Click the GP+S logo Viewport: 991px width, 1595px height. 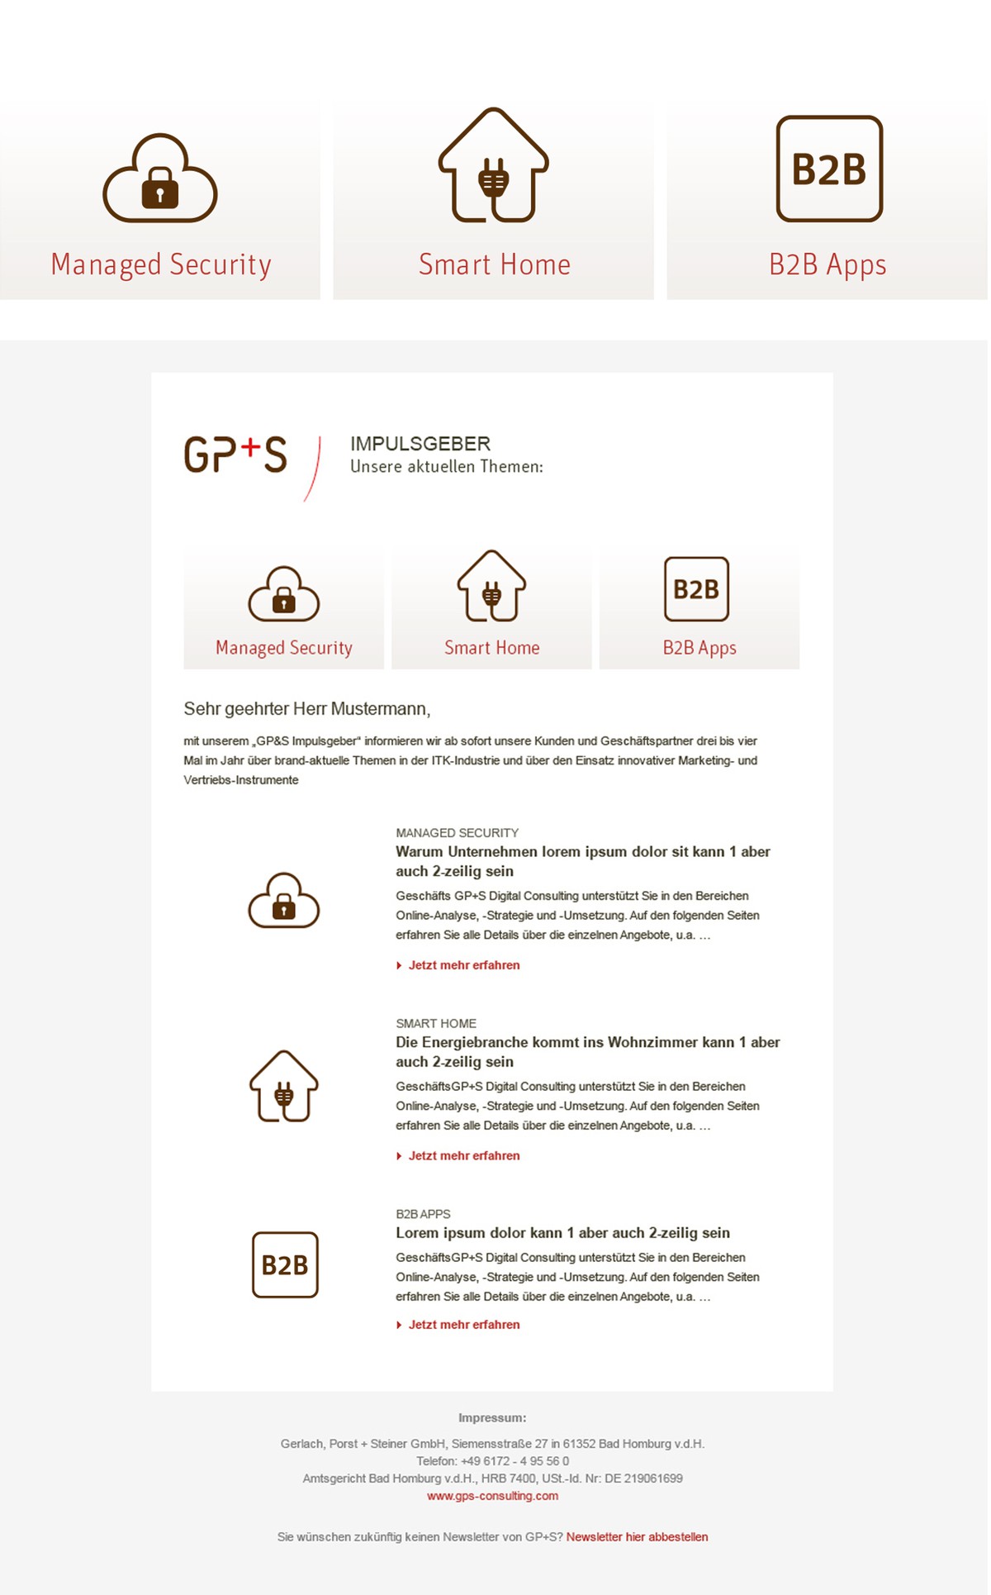235,455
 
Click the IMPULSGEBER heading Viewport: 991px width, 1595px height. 420,444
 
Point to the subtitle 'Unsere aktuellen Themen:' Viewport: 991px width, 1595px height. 447,467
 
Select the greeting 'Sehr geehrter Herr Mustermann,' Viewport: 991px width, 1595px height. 307,709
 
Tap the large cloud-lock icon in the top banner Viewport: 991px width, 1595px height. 160,178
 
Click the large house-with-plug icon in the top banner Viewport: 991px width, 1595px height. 494,165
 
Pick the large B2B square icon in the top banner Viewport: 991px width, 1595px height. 829,169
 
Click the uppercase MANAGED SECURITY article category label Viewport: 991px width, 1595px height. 457,833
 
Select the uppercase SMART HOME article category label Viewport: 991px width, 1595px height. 436,1024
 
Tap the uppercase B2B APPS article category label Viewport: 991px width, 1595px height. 423,1214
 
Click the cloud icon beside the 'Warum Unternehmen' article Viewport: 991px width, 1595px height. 284,901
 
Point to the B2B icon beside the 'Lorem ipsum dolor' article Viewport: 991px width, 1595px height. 285,1265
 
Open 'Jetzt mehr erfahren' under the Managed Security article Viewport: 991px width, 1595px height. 463,965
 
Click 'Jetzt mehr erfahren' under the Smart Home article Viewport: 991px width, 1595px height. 463,1156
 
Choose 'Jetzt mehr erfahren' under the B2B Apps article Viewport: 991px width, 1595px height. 463,1325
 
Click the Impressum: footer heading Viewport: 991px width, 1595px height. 492,1418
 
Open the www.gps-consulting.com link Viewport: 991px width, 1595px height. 492,1496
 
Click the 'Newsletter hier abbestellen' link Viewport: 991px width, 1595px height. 637,1537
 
